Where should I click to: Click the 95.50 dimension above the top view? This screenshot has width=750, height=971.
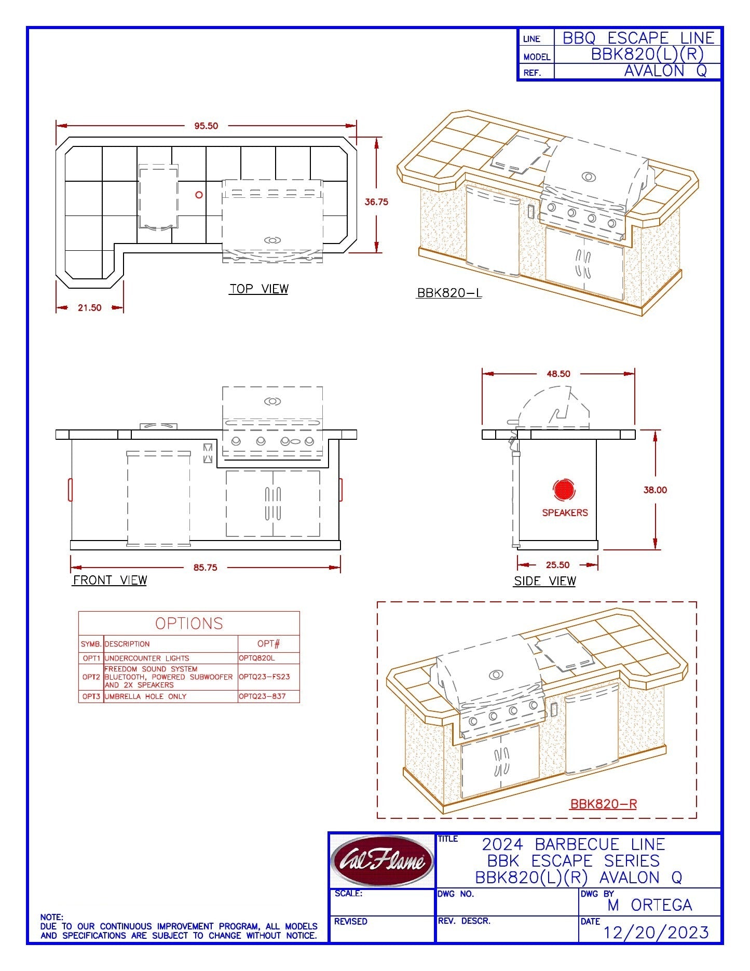point(206,126)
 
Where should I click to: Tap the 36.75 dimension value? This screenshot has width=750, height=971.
point(376,202)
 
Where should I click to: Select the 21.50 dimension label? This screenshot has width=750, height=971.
point(89,308)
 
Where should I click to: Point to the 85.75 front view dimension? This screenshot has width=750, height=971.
point(205,568)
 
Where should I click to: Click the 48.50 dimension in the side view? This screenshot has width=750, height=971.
point(558,374)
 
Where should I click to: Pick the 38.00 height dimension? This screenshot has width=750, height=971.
point(655,490)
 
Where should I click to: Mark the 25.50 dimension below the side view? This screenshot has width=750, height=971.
point(557,565)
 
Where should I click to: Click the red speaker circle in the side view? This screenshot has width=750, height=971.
point(564,490)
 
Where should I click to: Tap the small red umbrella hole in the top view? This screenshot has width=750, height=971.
point(199,195)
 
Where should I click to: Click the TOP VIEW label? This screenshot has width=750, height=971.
point(259,289)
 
